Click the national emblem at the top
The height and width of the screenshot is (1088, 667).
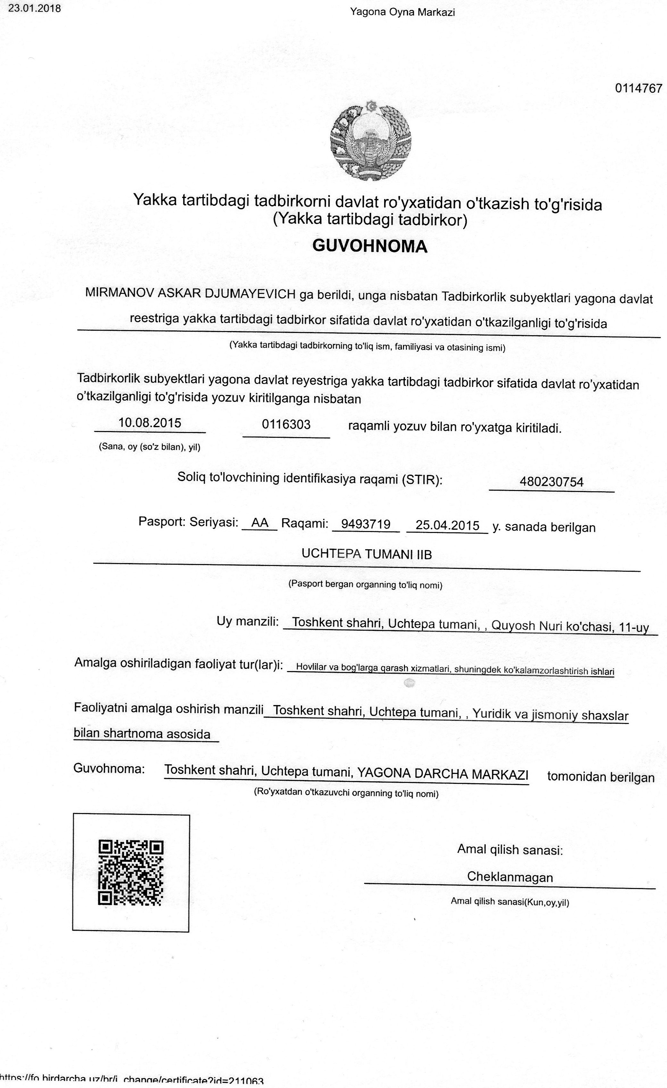pos(370,140)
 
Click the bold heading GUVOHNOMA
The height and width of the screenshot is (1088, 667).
pos(370,246)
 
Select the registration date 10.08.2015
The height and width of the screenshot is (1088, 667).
pos(150,423)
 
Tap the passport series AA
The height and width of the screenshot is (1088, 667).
pos(259,523)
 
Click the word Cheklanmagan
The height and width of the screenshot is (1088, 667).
pos(510,876)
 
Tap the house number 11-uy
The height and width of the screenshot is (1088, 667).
pos(634,627)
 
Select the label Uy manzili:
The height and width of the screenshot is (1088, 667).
pos(247,621)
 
